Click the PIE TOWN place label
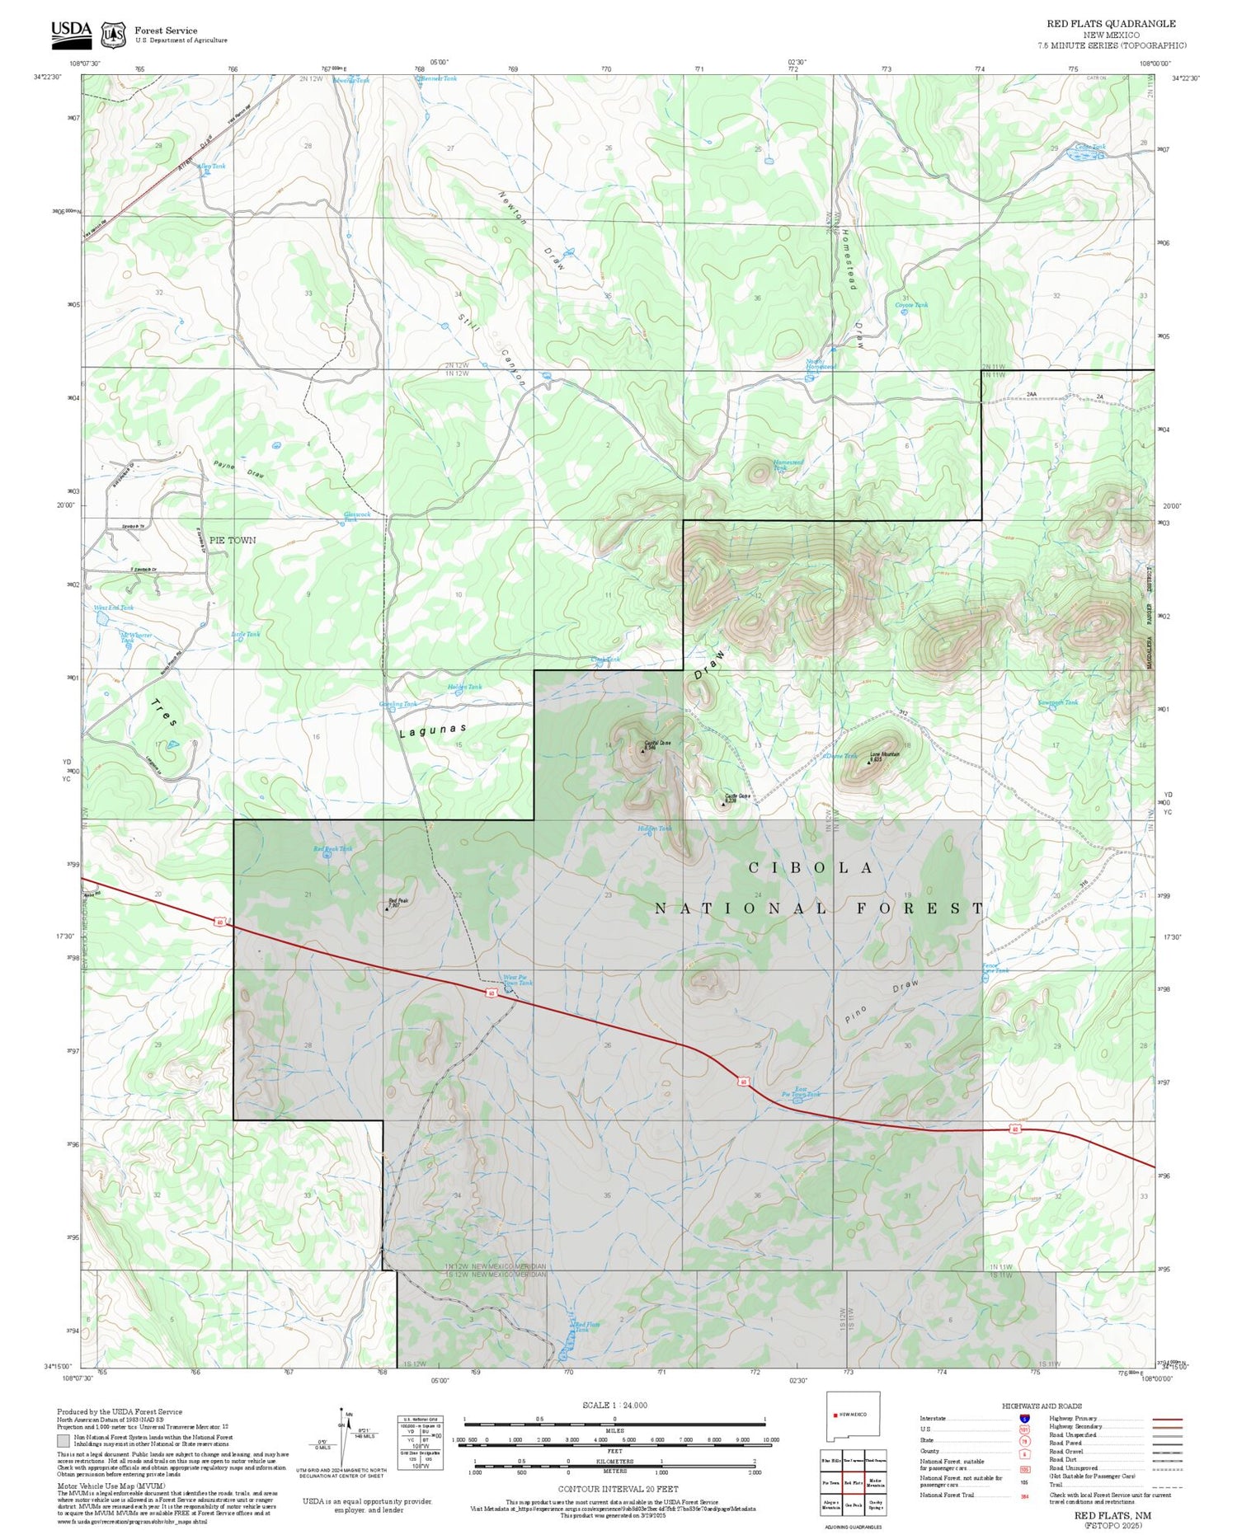[233, 540]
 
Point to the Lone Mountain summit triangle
[868, 763]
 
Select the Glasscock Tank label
[356, 516]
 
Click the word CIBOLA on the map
[811, 867]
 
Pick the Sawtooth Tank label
[1058, 702]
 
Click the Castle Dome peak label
[737, 797]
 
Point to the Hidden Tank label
[655, 828]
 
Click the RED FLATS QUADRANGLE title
[1111, 23]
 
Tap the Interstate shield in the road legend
[1024, 1418]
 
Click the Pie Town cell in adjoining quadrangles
[830, 1482]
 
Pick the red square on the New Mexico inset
[835, 1414]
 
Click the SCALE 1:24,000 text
[614, 1405]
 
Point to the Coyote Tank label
[911, 305]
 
